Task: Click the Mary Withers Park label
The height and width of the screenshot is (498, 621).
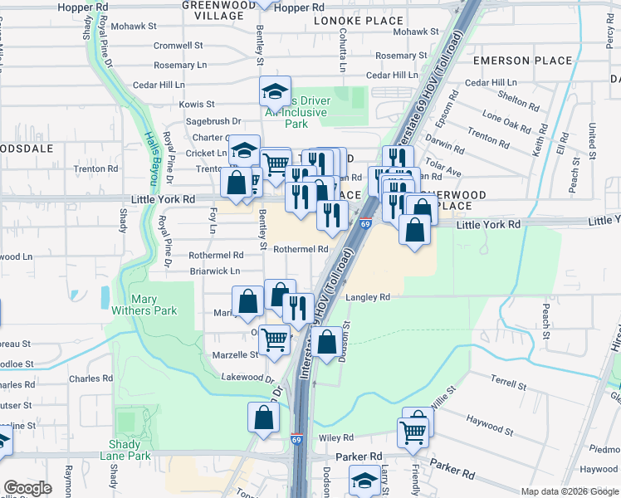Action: coord(154,305)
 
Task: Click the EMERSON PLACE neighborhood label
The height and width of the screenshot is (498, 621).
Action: coord(522,61)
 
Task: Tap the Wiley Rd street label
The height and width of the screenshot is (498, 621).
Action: coord(335,437)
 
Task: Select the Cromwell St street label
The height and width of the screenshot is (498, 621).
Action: coord(178,46)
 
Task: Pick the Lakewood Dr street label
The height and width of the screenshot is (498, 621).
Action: coord(247,378)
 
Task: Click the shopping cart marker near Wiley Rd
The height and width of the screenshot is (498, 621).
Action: coord(413,431)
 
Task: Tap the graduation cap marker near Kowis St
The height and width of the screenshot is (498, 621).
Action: coord(276,91)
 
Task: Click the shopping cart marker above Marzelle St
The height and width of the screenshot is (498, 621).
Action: coord(274,339)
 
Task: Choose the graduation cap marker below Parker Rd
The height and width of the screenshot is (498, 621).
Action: coord(364,481)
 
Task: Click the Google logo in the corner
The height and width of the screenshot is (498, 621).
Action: coord(27,488)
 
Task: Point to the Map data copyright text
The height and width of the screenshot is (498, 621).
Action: coord(570,491)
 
